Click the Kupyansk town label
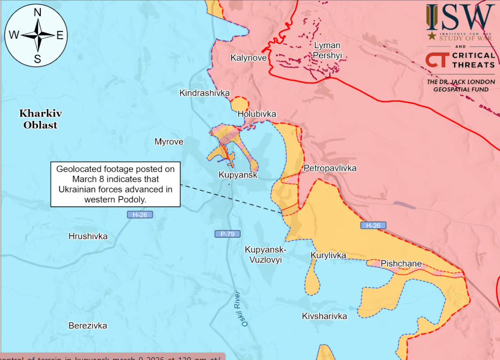(x=238, y=175)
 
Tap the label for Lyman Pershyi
(x=327, y=50)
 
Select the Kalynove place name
(x=249, y=58)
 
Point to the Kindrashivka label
(x=204, y=93)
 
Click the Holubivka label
(x=256, y=114)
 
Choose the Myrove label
(x=169, y=142)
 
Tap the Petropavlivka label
(x=330, y=168)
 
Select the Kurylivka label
(x=328, y=255)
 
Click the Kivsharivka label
(x=324, y=316)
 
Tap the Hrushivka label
(x=88, y=237)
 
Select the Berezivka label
(x=88, y=326)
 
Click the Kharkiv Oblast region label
(x=40, y=119)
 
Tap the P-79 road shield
(x=227, y=234)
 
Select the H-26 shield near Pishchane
(x=373, y=226)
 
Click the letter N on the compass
(x=38, y=13)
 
